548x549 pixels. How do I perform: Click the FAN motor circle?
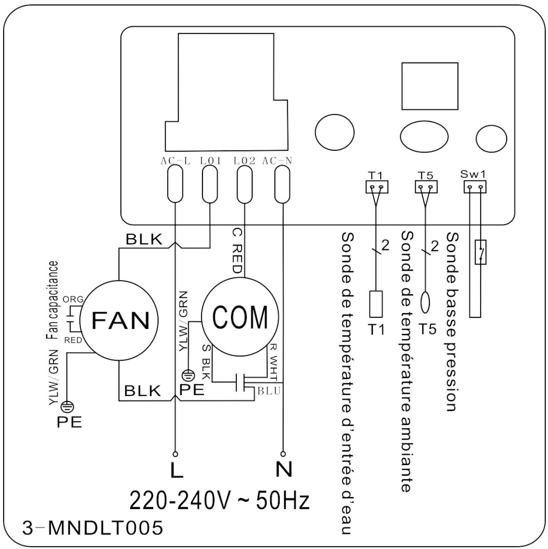[119, 321]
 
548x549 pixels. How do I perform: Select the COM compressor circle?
[240, 317]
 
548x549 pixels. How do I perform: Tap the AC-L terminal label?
[175, 161]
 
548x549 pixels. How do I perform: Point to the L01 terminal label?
[210, 161]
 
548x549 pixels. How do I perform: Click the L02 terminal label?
[244, 161]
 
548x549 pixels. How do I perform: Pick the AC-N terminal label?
[277, 161]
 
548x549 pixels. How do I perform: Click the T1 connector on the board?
[377, 187]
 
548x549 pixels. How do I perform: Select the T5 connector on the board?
[426, 187]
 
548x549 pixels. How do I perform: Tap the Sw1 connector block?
[475, 187]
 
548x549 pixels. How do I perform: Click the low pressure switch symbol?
[480, 252]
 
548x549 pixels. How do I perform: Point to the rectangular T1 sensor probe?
[376, 304]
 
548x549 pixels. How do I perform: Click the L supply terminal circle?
[175, 454]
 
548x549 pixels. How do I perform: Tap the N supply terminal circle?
[283, 454]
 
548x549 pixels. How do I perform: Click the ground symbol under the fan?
[68, 406]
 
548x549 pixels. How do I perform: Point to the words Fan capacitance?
[52, 301]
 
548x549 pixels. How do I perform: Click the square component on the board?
[430, 86]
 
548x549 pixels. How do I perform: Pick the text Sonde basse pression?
[452, 322]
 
